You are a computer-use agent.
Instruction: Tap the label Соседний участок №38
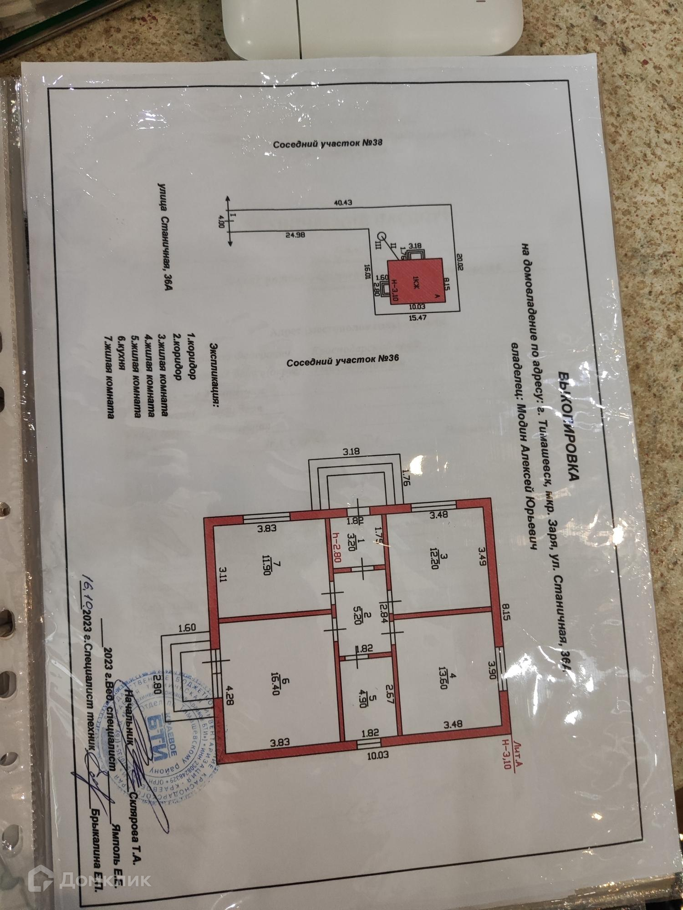[x=327, y=143]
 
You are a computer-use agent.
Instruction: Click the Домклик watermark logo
[x=89, y=880]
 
